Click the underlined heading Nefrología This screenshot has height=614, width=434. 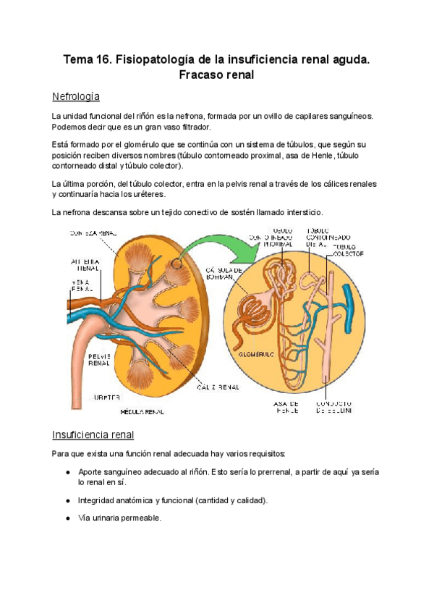coord(75,96)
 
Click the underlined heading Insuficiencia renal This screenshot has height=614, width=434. coord(93,434)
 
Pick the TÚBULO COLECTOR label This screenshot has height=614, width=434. coord(349,251)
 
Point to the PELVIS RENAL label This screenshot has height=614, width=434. coord(98,360)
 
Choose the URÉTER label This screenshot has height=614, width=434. coord(107,398)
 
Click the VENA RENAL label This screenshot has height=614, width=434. coord(81,286)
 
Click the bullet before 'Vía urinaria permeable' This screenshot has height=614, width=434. coord(67,518)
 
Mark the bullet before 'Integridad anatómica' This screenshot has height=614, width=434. coord(67,500)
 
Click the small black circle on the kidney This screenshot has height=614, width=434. coord(177,264)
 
